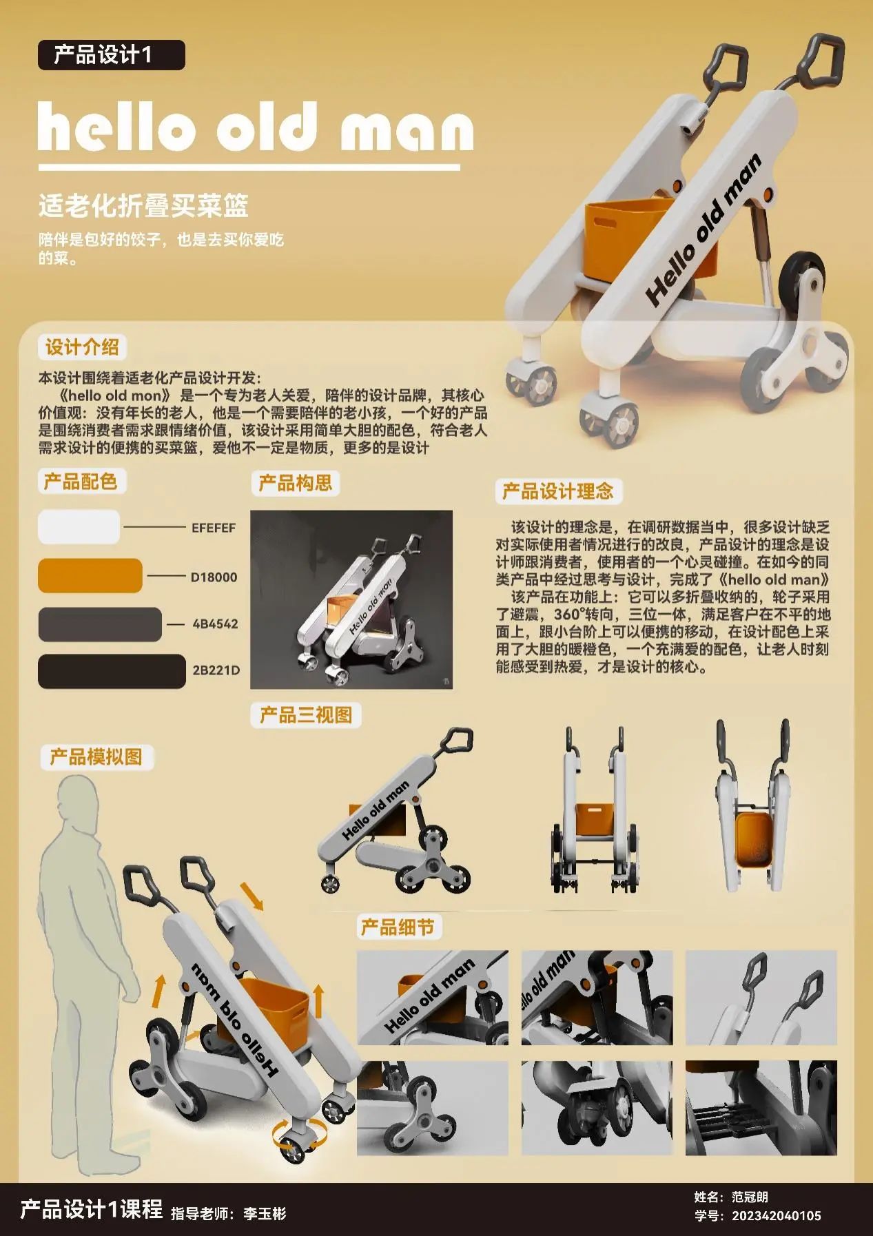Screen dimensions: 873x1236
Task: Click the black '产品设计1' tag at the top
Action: coord(112,55)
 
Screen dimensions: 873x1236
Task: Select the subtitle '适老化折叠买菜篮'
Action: coord(143,205)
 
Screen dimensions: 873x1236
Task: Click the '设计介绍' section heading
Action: coord(82,347)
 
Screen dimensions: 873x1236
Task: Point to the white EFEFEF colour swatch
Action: coord(79,527)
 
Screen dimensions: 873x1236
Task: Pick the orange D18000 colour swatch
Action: coord(90,576)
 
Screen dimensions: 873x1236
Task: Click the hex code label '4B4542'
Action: coord(215,624)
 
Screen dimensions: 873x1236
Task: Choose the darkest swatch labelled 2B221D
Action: coord(112,671)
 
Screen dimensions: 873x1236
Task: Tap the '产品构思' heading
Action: coord(295,483)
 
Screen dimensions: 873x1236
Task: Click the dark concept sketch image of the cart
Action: coord(351,599)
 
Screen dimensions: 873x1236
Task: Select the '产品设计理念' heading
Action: coord(558,491)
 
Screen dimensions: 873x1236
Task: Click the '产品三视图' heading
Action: coord(306,714)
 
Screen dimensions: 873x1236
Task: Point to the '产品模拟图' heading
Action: coord(96,757)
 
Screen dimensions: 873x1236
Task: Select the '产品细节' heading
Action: coord(398,927)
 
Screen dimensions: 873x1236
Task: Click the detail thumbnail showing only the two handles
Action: coord(761,998)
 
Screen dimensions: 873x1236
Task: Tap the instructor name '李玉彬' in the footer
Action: coord(265,1213)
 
